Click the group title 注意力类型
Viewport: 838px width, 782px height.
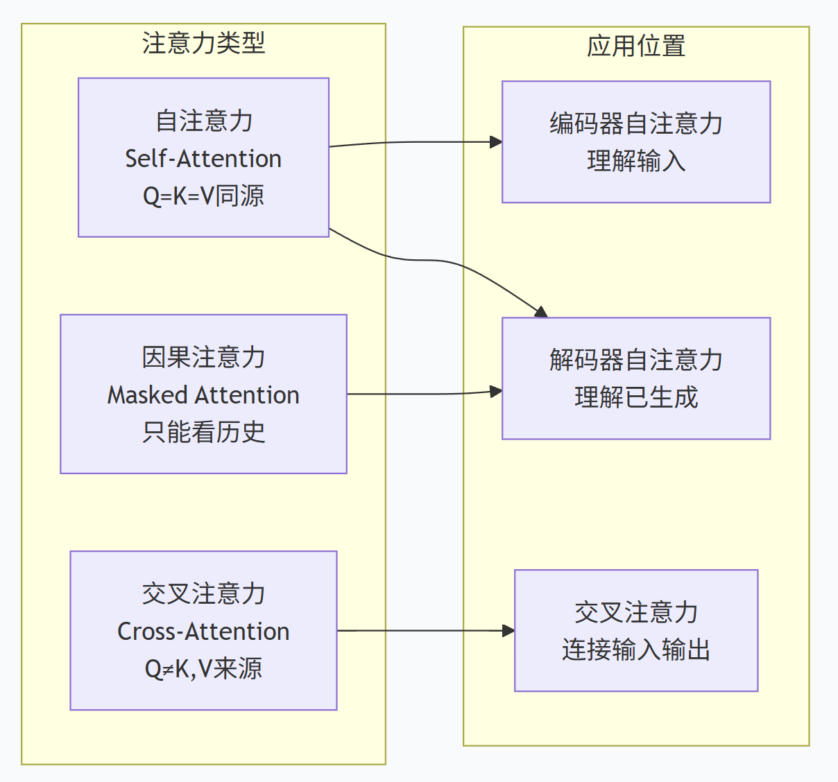[x=203, y=43]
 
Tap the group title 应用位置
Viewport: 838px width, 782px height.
[x=636, y=46]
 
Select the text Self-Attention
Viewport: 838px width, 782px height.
[x=203, y=159]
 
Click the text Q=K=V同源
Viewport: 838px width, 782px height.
[x=203, y=195]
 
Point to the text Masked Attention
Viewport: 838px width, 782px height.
[x=203, y=395]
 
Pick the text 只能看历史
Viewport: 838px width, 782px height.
[x=203, y=433]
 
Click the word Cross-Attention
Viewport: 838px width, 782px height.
[x=203, y=632]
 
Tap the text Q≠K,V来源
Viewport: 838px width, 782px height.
[x=203, y=669]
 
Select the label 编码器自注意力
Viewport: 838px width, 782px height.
[x=636, y=123]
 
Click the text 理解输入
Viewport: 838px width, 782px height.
[x=636, y=161]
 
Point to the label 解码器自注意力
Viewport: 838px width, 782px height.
[x=636, y=360]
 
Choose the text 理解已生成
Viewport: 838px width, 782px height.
[x=636, y=397]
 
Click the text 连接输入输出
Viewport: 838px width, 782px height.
[x=636, y=649]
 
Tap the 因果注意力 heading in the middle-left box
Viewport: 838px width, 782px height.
[x=203, y=358]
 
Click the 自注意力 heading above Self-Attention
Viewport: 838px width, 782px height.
[x=203, y=121]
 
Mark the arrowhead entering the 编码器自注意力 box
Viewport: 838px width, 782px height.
[x=496, y=142]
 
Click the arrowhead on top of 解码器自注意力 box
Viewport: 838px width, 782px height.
[x=542, y=312]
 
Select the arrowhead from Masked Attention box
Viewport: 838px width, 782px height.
[x=496, y=392]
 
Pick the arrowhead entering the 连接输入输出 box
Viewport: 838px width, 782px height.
[x=508, y=631]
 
